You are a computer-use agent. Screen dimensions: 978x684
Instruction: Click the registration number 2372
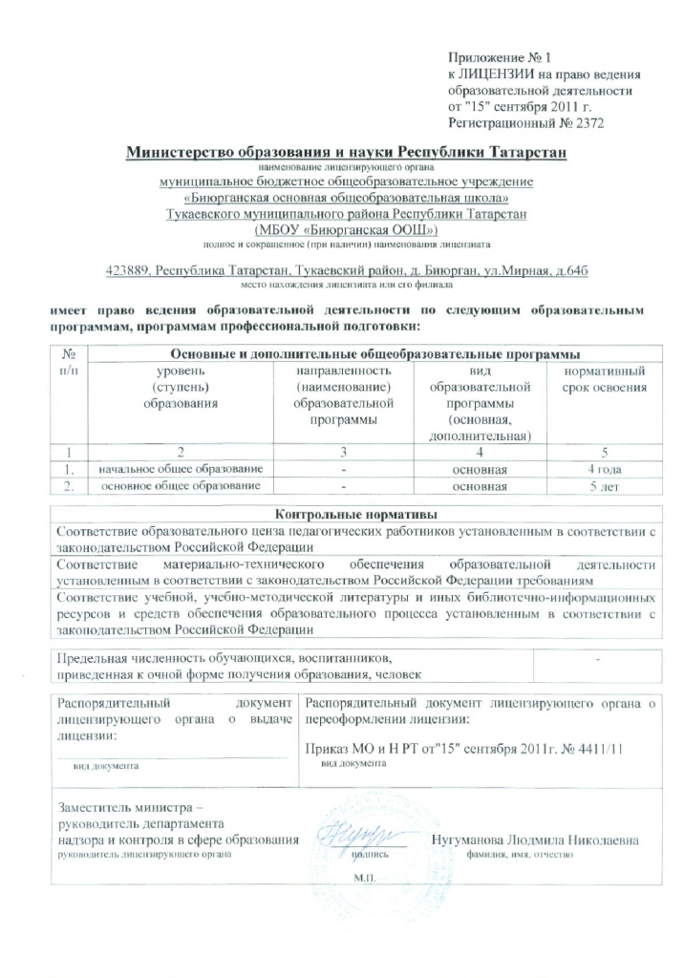[587, 122]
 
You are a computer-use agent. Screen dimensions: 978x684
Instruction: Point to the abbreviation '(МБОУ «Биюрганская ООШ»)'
[345, 229]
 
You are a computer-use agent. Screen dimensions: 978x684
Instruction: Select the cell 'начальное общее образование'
[175, 469]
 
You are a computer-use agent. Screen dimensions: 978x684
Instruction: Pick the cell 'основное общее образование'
[175, 486]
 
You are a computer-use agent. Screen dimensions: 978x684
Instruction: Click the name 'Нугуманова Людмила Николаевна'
[535, 839]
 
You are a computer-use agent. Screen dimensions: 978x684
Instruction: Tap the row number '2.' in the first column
[68, 486]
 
